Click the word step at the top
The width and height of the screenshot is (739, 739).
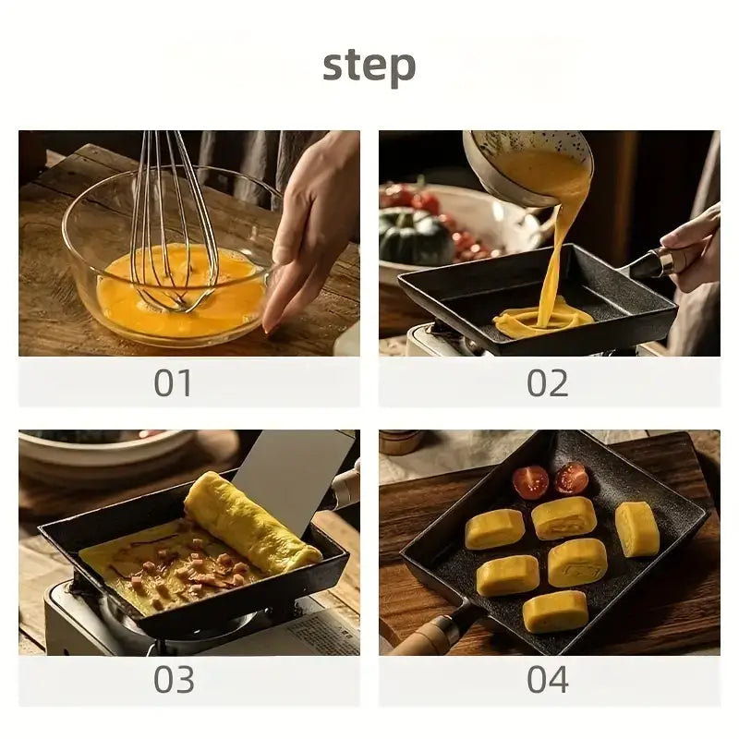[369, 66]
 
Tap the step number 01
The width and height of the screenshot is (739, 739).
[173, 382]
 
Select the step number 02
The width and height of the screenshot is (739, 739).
[548, 382]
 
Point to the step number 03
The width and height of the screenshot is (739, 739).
[174, 679]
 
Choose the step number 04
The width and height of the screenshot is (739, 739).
[548, 679]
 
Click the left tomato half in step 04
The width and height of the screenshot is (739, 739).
[530, 481]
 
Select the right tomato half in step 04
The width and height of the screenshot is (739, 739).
[571, 479]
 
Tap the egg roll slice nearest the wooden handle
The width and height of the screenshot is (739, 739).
[555, 612]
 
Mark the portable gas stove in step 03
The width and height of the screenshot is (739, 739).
[188, 617]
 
